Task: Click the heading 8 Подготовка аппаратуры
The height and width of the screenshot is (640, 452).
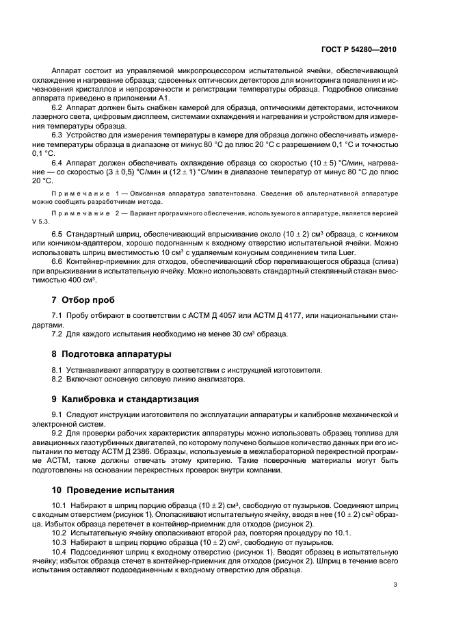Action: point(111,354)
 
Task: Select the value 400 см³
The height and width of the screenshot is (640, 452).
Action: point(84,280)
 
